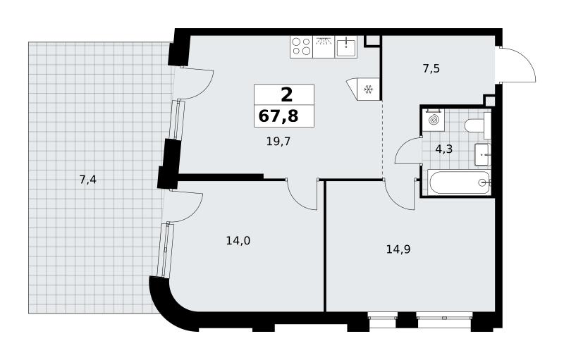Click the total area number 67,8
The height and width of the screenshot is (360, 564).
coord(278,116)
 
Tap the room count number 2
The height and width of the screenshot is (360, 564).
coord(286,96)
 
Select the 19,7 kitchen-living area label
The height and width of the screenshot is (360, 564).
coord(278,142)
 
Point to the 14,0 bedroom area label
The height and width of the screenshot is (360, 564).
coord(238,241)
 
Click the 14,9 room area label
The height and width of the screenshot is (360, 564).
coord(398,249)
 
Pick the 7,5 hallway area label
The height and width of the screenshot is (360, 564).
coord(431,68)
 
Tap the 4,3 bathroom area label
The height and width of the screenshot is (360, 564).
coord(444,149)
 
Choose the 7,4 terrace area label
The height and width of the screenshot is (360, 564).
coord(87,179)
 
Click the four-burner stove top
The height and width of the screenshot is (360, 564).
coord(302,46)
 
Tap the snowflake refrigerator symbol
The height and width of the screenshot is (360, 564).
coord(368,89)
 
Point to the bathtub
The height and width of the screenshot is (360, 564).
coord(459,182)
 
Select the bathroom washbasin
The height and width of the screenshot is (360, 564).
coord(483,154)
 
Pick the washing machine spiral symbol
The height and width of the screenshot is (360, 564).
coord(434,119)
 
